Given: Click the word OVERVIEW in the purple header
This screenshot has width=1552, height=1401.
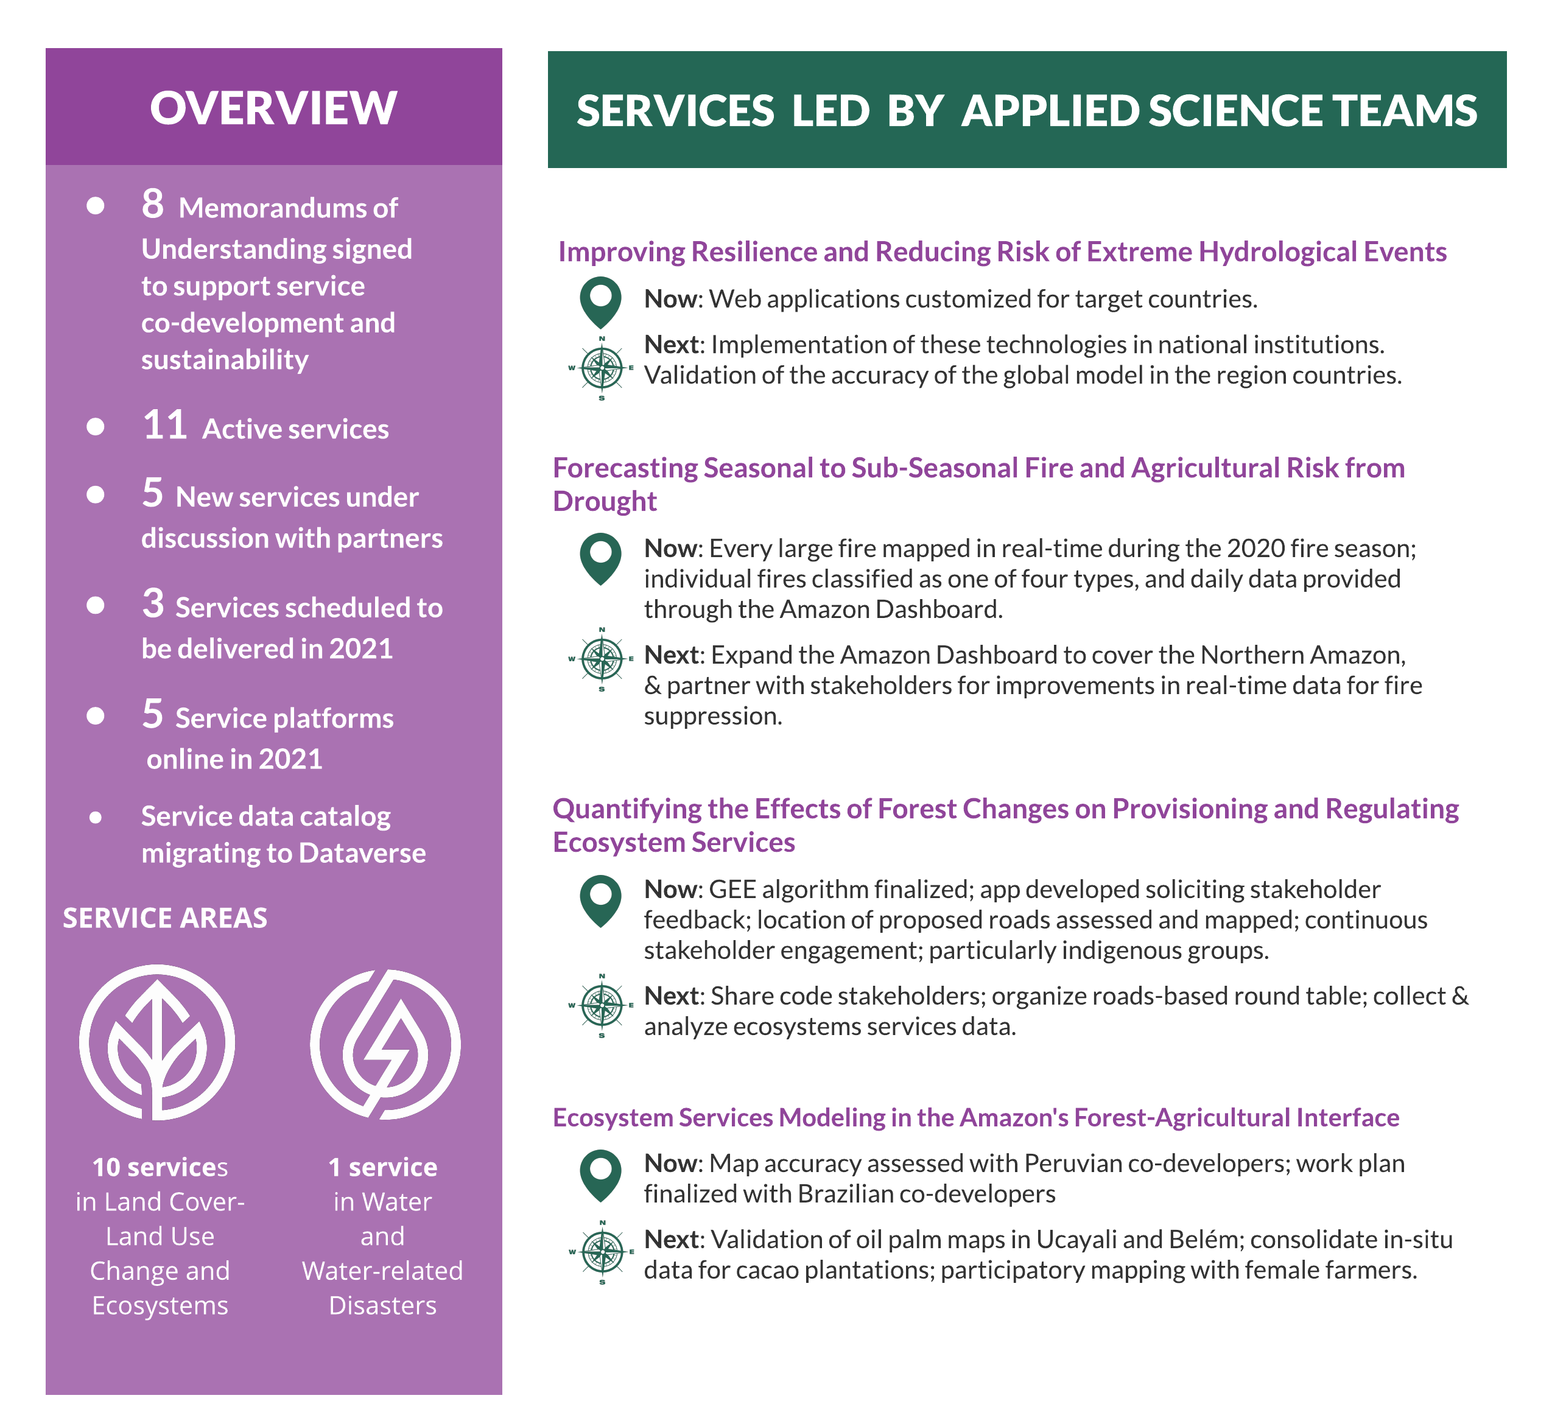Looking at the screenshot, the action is [273, 108].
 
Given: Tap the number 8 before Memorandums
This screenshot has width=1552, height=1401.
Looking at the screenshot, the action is [152, 204].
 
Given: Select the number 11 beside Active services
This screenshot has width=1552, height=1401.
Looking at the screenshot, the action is [165, 425].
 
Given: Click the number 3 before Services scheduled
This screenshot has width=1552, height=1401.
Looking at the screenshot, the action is [152, 603].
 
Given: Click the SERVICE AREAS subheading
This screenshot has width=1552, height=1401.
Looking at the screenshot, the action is [165, 918].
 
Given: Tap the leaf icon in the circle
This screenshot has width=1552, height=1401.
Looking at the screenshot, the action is [157, 1042].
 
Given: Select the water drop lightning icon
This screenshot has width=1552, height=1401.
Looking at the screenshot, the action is [385, 1044].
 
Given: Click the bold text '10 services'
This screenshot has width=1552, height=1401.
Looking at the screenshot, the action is [160, 1167].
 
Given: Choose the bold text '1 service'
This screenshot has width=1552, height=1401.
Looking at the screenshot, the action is [382, 1167].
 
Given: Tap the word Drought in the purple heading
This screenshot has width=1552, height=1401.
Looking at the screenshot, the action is [605, 501].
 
